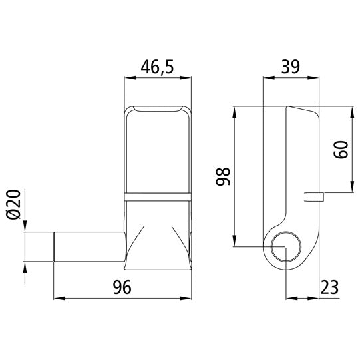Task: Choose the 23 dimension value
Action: [328, 287]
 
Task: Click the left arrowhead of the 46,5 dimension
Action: [129, 78]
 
